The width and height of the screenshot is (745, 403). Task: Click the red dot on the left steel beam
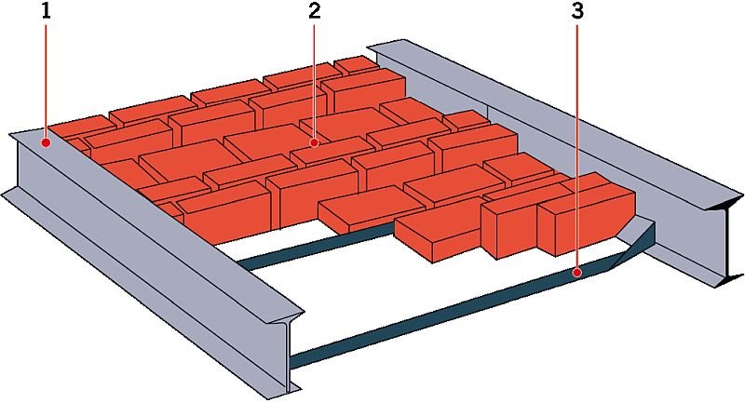coord(46,141)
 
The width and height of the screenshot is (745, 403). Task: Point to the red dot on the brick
coord(315,141)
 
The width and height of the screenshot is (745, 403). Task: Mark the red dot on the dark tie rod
coord(576,273)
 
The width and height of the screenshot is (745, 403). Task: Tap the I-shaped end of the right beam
coord(725,242)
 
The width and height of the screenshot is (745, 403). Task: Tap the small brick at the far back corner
coord(357,64)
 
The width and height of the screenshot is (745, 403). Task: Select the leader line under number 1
coord(46,80)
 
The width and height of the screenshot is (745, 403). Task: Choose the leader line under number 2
coord(315,80)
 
